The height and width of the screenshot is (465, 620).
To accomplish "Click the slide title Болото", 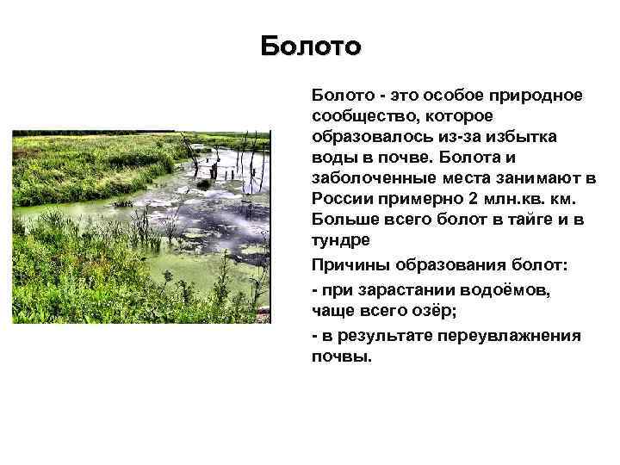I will [311, 45].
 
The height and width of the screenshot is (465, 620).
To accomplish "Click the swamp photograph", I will [140, 226].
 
